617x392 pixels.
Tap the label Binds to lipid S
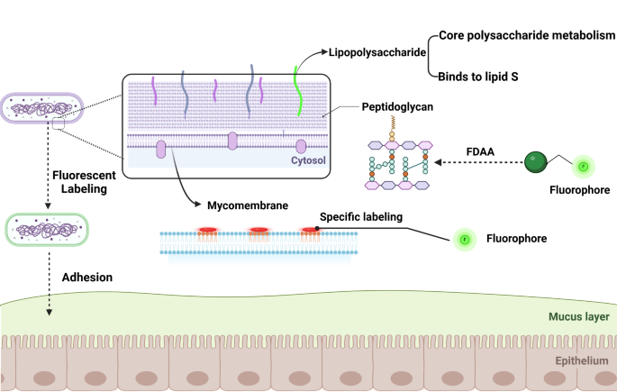coord(485,77)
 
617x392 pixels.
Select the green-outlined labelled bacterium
coord(46,230)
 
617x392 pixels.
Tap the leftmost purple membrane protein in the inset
coord(162,150)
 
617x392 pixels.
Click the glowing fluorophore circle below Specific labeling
coord(466,240)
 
